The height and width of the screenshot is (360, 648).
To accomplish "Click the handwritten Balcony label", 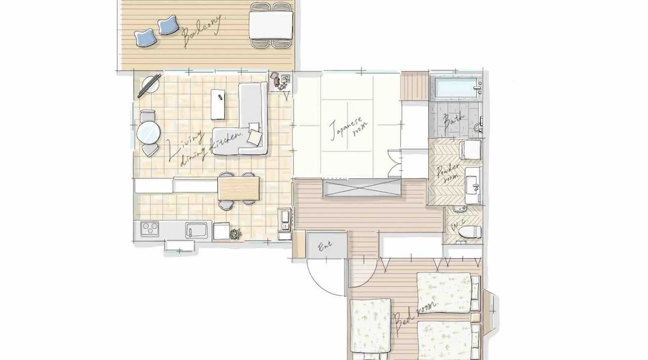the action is [x=203, y=32].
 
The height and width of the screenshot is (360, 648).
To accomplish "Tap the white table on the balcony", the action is [x=271, y=24].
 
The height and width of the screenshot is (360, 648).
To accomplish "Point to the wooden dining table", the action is [x=239, y=188].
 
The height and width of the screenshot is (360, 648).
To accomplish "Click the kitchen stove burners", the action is [x=149, y=228].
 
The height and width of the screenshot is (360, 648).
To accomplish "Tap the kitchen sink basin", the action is [x=196, y=230].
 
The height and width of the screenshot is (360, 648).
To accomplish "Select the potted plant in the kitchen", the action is [x=236, y=234].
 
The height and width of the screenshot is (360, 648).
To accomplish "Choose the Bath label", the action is [x=454, y=122].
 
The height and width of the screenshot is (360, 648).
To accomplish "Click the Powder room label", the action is [x=448, y=174].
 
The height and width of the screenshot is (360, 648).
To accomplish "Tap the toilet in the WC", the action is [x=470, y=231].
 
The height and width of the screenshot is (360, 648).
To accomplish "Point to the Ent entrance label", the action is [x=325, y=246].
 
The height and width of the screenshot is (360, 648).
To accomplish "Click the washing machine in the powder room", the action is [x=471, y=149].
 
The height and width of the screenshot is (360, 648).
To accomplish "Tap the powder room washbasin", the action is [x=473, y=185].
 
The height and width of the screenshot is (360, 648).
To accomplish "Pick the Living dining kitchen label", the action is [x=204, y=148].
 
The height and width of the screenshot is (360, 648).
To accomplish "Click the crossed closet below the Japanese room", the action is [x=361, y=188].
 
